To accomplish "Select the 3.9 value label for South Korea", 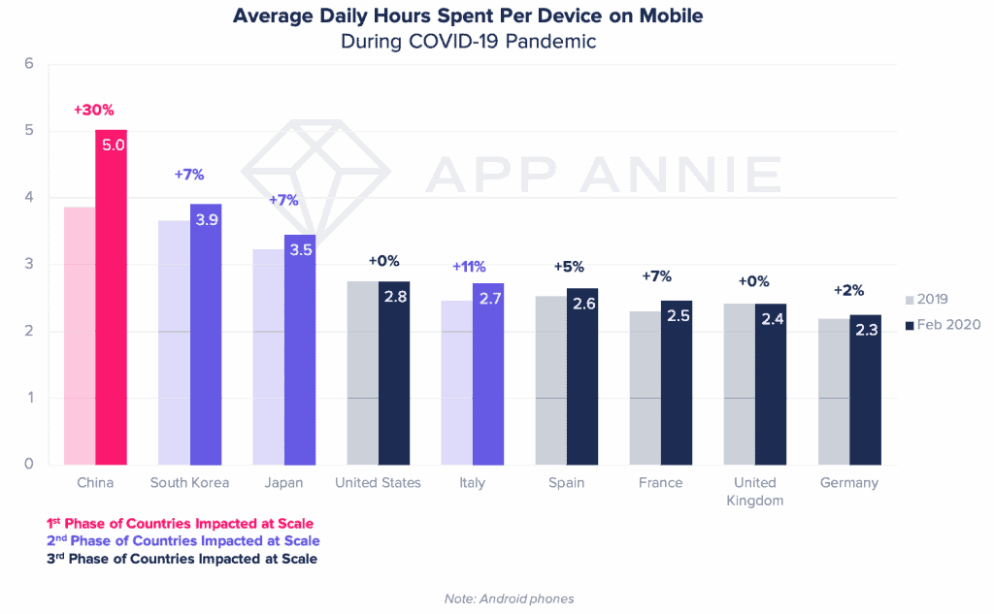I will point(207,221).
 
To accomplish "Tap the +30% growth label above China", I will point(94,110).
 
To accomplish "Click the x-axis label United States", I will point(378,483).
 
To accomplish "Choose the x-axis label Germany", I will point(849,483).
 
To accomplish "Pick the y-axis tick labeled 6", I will point(28,64).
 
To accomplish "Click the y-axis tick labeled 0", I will point(28,464).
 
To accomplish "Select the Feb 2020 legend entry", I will point(944,326).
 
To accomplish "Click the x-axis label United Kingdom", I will point(754,491).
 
